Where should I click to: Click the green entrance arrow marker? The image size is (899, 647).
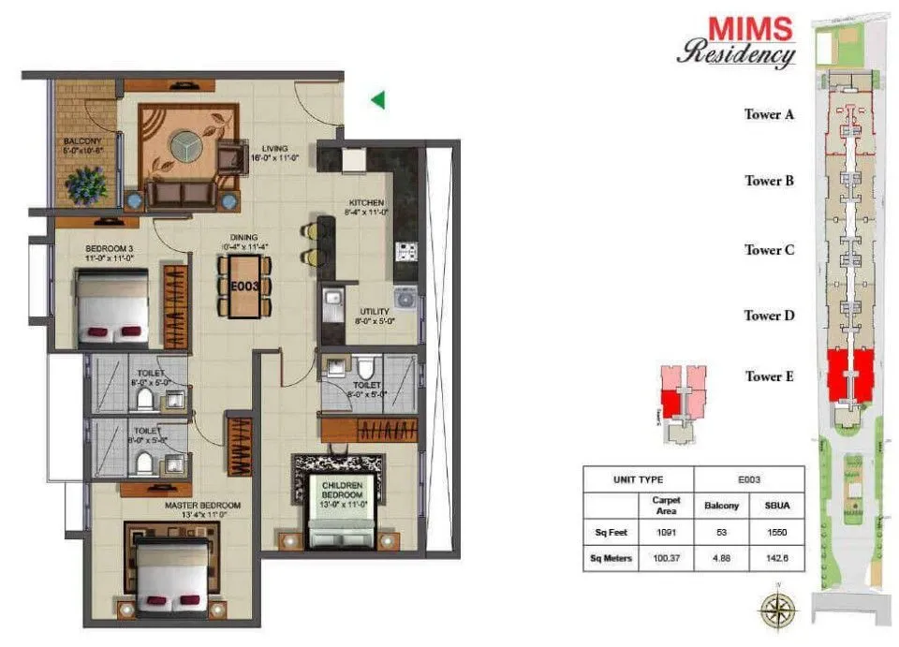point(377,99)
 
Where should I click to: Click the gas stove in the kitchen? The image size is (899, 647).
point(406,250)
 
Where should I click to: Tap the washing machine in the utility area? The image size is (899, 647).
point(405,298)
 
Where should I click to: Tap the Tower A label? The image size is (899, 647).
point(769,114)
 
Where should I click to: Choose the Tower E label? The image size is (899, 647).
point(769,376)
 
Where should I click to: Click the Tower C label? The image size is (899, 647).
point(769,249)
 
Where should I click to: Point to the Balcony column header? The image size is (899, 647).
point(720,505)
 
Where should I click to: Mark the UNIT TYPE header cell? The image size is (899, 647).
point(638,478)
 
